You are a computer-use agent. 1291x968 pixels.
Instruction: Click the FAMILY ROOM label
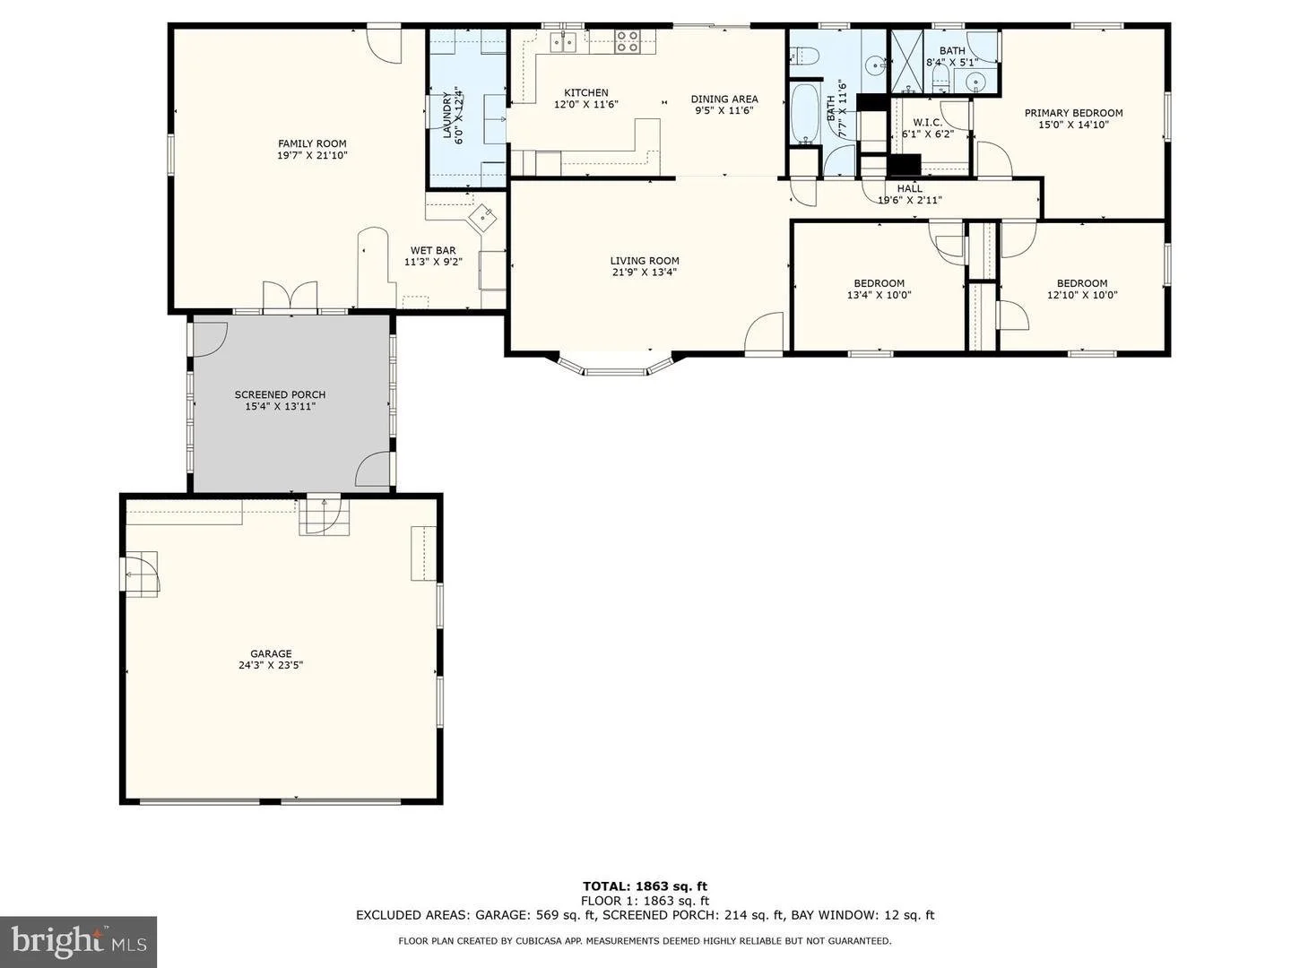click(312, 143)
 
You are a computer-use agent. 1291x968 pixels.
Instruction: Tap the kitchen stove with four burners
click(627, 42)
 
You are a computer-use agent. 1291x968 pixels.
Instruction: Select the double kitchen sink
click(563, 42)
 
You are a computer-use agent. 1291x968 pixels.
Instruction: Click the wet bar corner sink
click(482, 218)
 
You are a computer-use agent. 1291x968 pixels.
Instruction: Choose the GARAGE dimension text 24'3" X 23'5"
click(271, 665)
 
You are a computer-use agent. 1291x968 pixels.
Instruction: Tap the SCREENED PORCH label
click(280, 394)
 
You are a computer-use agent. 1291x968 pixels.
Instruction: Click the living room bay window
click(615, 365)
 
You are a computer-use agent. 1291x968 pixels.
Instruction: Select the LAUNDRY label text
click(447, 115)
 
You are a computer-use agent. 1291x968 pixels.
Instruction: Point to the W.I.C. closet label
click(928, 122)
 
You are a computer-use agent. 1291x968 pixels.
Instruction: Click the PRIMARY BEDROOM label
click(1073, 113)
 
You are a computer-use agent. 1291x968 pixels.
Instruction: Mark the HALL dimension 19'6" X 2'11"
click(910, 200)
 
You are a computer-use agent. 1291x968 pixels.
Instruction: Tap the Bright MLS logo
click(78, 941)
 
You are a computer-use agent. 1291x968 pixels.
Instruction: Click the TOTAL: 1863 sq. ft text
click(645, 886)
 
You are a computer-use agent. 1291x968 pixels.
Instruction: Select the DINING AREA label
click(724, 99)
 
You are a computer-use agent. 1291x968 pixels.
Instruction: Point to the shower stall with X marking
click(906, 62)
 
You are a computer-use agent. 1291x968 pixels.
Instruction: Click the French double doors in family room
click(290, 295)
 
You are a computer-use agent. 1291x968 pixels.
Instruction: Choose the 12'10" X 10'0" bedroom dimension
click(1082, 295)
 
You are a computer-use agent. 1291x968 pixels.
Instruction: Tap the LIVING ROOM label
click(645, 260)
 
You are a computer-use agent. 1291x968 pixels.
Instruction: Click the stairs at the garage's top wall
click(324, 516)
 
